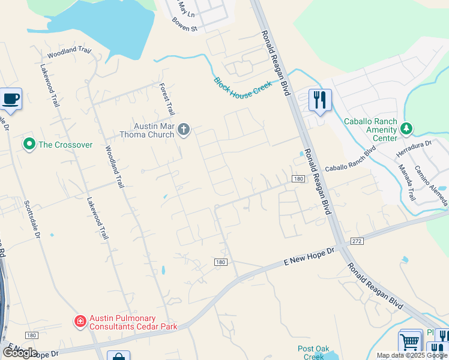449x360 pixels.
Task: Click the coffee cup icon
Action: [11, 99]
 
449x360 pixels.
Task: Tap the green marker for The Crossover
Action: [28, 145]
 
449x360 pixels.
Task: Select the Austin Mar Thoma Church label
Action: [154, 130]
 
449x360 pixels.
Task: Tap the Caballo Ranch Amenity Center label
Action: [370, 130]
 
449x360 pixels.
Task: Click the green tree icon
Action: [407, 128]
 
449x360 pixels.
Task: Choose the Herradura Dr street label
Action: [414, 149]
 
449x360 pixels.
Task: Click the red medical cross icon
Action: [80, 322]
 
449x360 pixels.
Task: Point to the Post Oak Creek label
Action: [313, 353]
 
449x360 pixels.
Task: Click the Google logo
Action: [19, 353]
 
